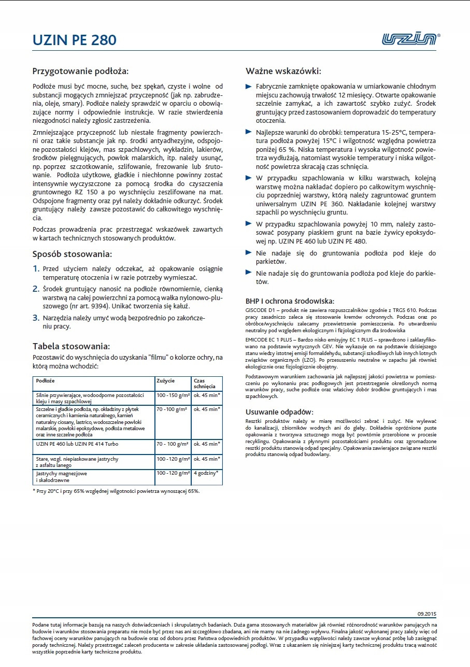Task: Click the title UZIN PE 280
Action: [74, 40]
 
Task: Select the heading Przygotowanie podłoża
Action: [80, 70]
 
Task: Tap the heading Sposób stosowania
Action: [72, 254]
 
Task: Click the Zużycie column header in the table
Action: [165, 381]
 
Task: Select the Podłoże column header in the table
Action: [46, 381]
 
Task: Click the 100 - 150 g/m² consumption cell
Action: [173, 395]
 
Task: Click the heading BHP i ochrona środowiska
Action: [290, 301]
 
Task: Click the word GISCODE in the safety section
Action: [257, 309]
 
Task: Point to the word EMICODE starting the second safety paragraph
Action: [258, 338]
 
